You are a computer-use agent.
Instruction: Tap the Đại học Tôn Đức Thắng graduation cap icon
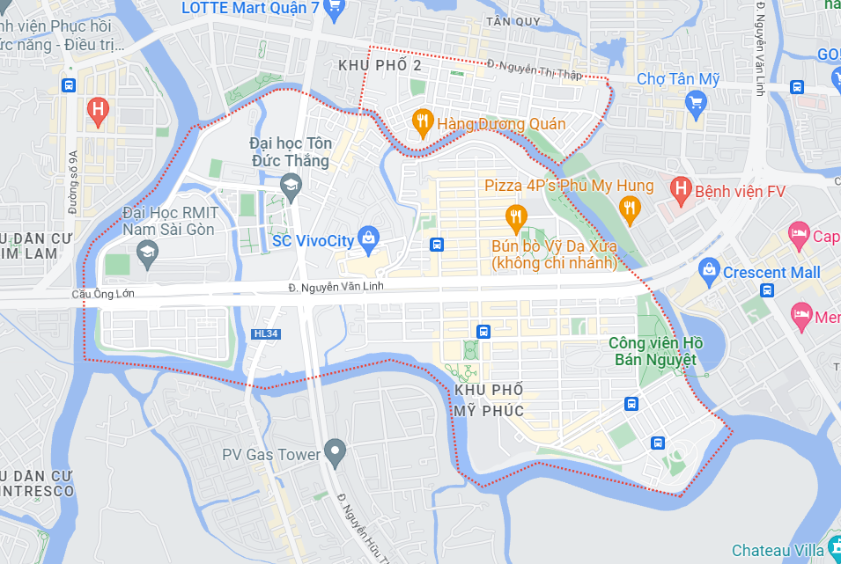click(289, 185)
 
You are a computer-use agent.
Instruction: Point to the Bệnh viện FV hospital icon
click(679, 187)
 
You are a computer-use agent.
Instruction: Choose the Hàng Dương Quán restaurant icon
click(423, 122)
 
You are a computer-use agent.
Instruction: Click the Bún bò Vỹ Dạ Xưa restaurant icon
click(515, 216)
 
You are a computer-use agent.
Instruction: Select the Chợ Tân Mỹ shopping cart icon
click(697, 106)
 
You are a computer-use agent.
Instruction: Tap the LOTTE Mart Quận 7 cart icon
click(334, 9)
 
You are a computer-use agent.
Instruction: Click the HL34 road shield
click(264, 333)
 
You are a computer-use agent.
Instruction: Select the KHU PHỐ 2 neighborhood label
click(380, 66)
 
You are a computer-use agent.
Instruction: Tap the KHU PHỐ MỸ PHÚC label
click(490, 400)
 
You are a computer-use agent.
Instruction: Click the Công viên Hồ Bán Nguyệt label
click(653, 351)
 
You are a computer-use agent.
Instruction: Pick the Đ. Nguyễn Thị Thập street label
click(535, 69)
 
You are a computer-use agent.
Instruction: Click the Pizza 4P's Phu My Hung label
click(569, 186)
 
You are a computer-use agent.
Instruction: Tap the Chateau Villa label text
click(777, 550)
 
